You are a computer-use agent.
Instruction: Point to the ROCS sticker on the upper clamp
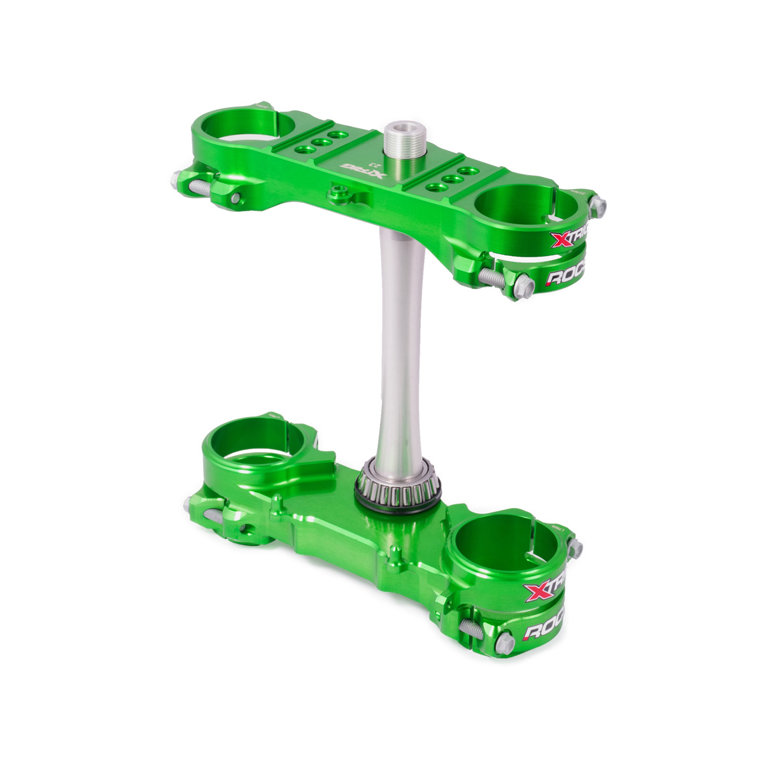tap(567, 277)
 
